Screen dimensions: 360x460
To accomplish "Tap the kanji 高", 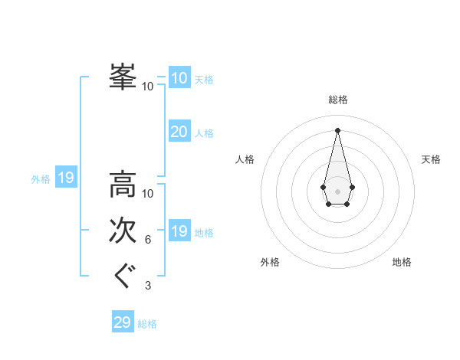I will pyautogui.click(x=123, y=185).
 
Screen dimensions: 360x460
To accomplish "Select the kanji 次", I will pyautogui.click(x=123, y=231).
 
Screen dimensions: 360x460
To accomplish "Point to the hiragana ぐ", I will pyautogui.click(x=123, y=276).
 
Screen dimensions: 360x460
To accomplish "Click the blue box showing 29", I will pyautogui.click(x=123, y=322).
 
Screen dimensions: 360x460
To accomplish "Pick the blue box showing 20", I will pyautogui.click(x=179, y=132).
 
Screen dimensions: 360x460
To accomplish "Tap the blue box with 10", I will pyautogui.click(x=179, y=78).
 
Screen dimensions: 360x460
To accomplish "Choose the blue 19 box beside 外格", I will pyautogui.click(x=66, y=178).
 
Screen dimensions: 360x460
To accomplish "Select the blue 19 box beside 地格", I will pyautogui.click(x=179, y=231).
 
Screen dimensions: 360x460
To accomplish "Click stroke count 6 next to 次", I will pyautogui.click(x=148, y=240).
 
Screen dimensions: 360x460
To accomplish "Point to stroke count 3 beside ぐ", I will pyautogui.click(x=148, y=286).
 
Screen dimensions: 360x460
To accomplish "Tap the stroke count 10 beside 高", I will pyautogui.click(x=148, y=193).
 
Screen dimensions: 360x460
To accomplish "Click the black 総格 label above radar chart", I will pyautogui.click(x=338, y=100).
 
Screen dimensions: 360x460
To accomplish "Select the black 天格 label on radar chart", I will pyautogui.click(x=431, y=159).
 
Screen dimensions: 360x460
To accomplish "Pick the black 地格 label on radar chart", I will pyautogui.click(x=402, y=262).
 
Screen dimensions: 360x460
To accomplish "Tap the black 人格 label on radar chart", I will pyautogui.click(x=245, y=159).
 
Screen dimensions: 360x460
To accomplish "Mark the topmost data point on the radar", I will pyautogui.click(x=338, y=129).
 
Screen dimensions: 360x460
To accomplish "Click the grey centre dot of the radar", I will pyautogui.click(x=338, y=191).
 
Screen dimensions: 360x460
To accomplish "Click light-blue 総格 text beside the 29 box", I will pyautogui.click(x=147, y=324).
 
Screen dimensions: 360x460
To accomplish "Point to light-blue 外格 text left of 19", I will pyautogui.click(x=41, y=179).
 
